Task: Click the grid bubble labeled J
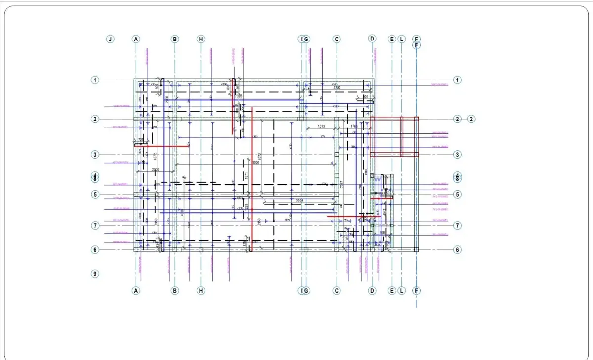coord(110,39)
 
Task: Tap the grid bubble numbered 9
coord(95,273)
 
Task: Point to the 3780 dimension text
coord(337,88)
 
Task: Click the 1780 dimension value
coord(354,127)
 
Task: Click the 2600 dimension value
coord(156,170)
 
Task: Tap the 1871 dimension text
coord(245,176)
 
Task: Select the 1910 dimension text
coord(344,239)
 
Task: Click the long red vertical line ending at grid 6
coord(252,178)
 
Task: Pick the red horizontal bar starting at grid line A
coord(162,146)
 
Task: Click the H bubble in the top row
coord(201,39)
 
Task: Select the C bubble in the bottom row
coord(337,291)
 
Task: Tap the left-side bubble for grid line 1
coord(95,80)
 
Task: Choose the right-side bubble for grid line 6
coord(458,250)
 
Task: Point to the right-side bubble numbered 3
coord(458,155)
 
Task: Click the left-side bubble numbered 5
coord(95,194)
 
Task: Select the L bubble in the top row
coord(401,39)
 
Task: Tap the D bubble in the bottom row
coord(372,291)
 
